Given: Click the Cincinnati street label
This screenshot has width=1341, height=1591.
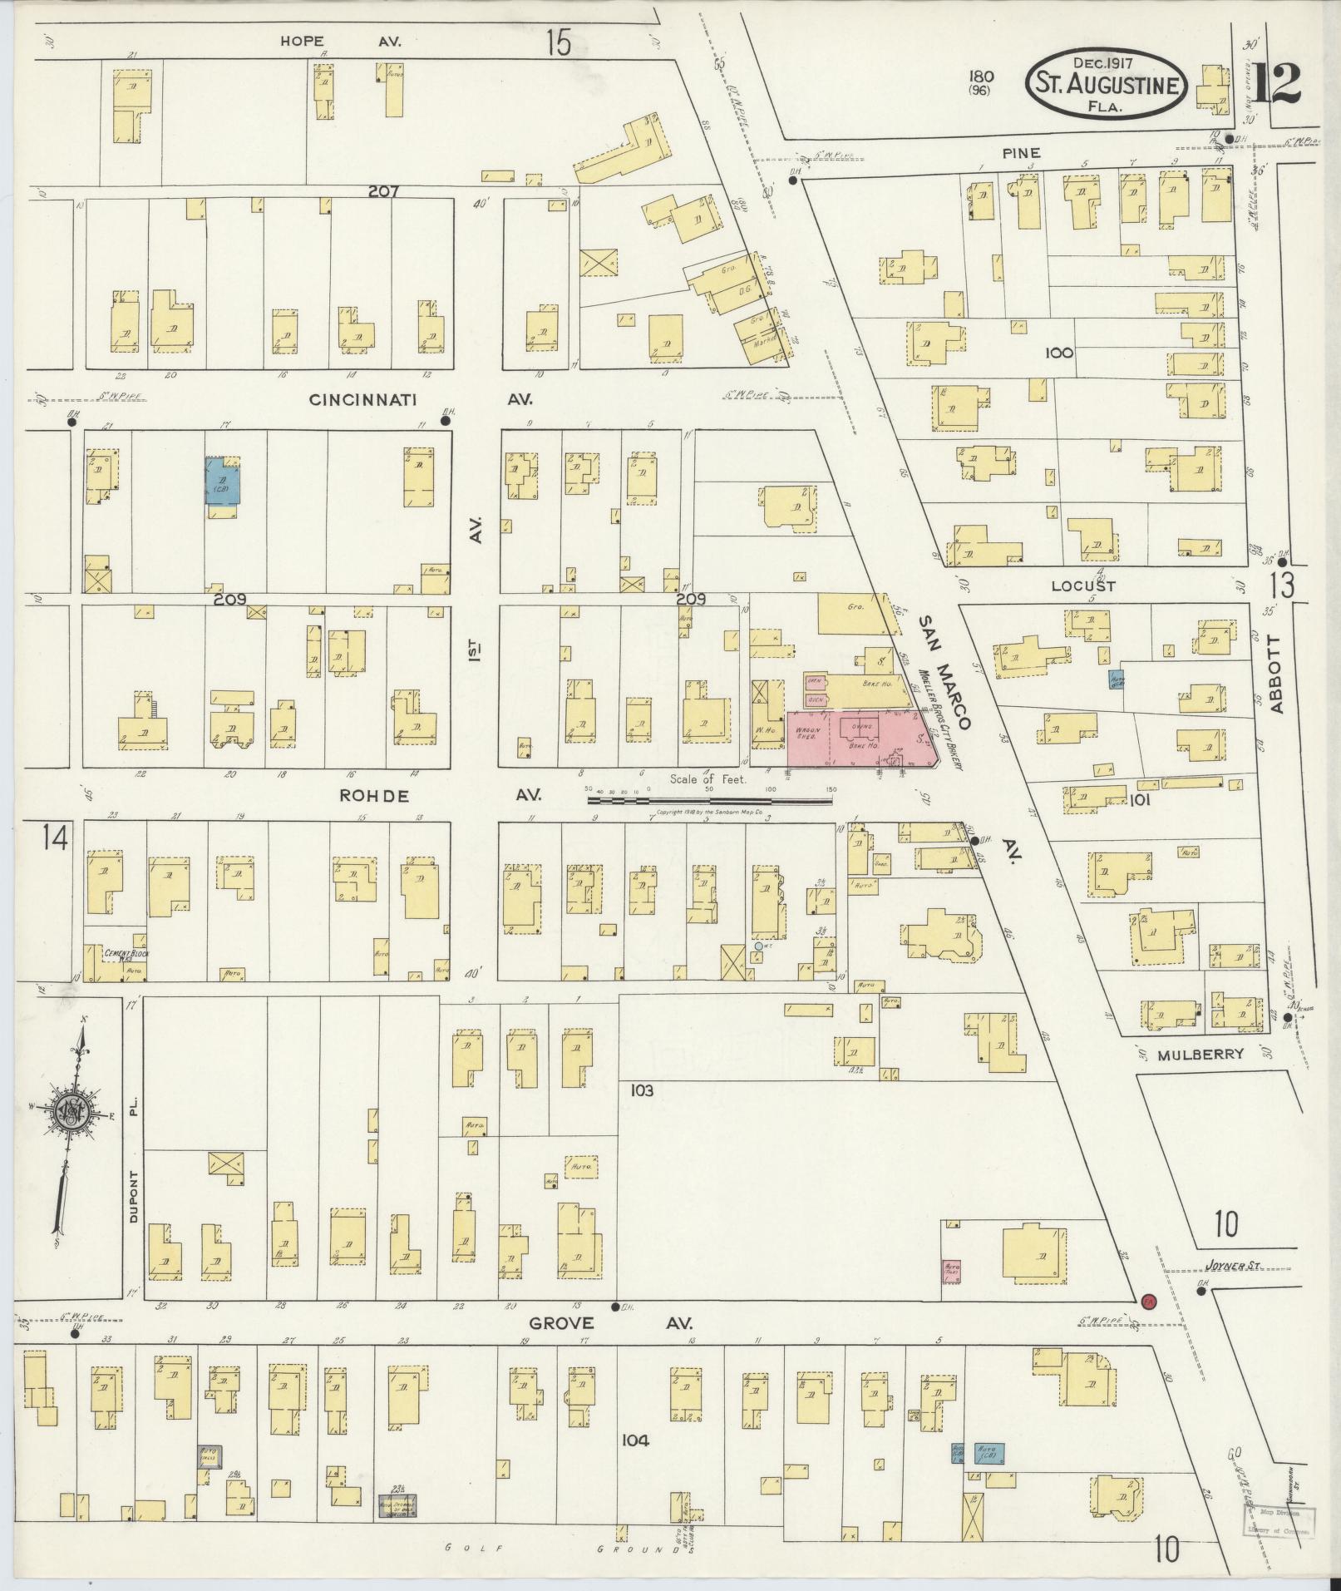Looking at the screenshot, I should click(x=362, y=400).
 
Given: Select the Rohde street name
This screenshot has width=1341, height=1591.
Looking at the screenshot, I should click(x=375, y=795).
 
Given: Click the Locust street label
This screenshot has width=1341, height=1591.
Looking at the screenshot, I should click(x=1082, y=586).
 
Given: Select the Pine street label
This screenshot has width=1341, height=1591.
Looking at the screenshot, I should click(x=1022, y=153).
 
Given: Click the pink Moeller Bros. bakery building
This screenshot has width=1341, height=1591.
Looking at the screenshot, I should click(x=856, y=737).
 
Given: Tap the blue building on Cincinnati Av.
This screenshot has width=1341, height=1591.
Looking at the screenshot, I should click(x=223, y=482).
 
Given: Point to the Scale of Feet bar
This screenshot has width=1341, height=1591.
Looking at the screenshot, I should click(x=709, y=801).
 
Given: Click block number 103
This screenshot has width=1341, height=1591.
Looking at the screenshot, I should click(x=642, y=1090).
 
